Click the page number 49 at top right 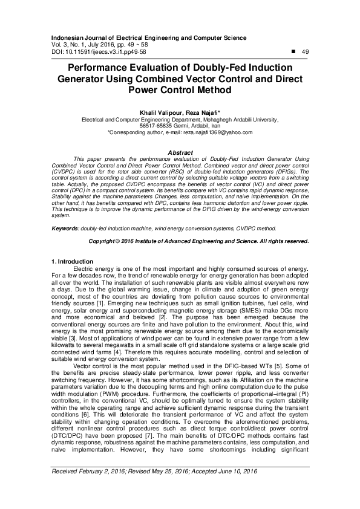pyautogui.click(x=305, y=52)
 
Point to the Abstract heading pyautogui.click(x=180, y=152)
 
